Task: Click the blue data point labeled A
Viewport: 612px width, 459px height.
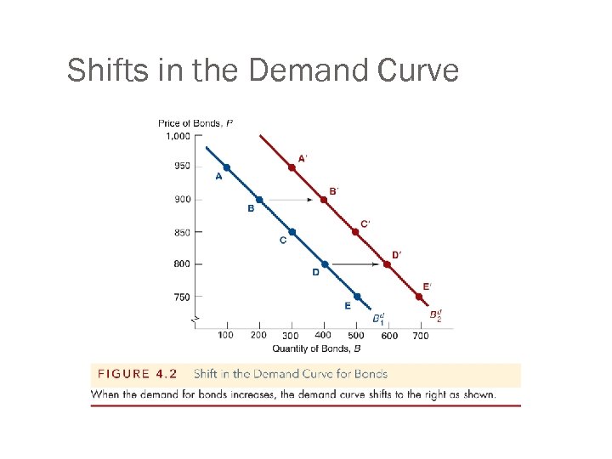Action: pos(227,167)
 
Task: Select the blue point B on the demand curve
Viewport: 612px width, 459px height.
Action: pos(259,200)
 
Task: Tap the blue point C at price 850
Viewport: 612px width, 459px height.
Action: pos(292,232)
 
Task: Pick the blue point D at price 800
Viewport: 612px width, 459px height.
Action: pos(324,264)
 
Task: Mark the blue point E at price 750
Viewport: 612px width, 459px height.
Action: pos(357,297)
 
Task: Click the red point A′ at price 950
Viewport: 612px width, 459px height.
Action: pos(292,167)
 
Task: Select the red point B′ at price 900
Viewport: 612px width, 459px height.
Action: pos(323,200)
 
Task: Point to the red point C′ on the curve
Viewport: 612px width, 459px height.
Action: pos(355,232)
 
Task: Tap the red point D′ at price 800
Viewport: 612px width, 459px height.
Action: pos(388,264)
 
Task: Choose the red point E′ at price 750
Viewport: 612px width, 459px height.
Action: pos(419,297)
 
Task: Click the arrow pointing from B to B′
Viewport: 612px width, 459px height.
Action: pos(291,200)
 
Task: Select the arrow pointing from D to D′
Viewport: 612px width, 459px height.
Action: pos(355,264)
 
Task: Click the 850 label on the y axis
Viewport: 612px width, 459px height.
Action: pos(182,232)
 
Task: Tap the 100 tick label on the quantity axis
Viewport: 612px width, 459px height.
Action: pos(227,335)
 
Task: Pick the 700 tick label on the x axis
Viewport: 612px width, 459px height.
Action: pos(421,335)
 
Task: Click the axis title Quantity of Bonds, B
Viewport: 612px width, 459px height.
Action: pos(316,348)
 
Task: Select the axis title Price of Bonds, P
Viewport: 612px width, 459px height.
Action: pos(195,123)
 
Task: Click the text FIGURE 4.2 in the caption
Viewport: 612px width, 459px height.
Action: pos(139,374)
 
